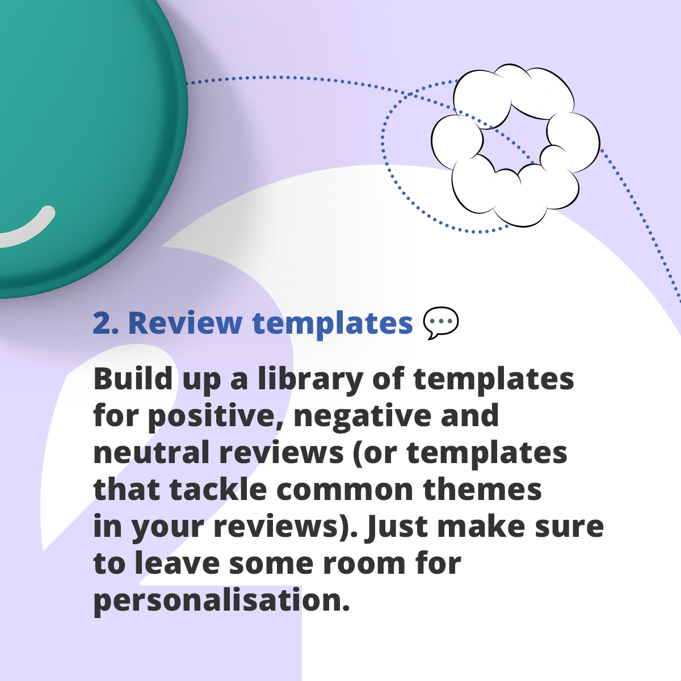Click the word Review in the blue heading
click(x=185, y=323)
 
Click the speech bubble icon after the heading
click(x=441, y=323)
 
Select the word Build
click(x=133, y=379)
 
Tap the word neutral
click(x=152, y=452)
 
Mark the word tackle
click(x=218, y=489)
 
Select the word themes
click(x=482, y=489)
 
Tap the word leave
click(x=177, y=564)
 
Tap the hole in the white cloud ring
click(x=515, y=142)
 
